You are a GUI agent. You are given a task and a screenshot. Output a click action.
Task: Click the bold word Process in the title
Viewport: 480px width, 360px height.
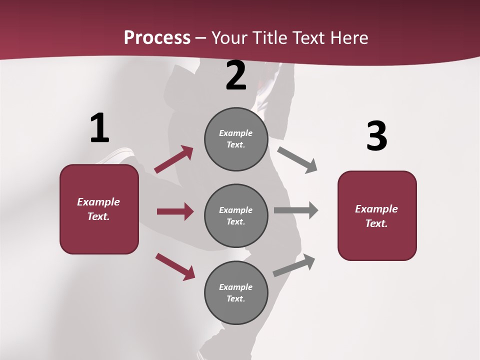click(157, 38)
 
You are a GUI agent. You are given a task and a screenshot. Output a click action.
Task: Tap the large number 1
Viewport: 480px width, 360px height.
click(99, 128)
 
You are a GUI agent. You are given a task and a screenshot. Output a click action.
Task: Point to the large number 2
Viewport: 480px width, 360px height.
click(236, 75)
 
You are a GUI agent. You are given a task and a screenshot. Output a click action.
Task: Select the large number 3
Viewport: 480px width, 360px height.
click(376, 136)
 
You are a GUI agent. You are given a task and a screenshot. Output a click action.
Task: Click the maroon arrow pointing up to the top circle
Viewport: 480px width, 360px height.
click(174, 159)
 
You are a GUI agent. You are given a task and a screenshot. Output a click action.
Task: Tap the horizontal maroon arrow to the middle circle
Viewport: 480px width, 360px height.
click(175, 211)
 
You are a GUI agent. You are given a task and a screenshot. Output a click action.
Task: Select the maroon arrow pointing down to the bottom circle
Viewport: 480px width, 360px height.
click(175, 266)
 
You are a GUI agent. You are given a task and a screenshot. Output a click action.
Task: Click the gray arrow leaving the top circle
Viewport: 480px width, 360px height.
click(297, 159)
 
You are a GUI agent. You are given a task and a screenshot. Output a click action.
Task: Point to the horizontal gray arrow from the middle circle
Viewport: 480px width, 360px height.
click(296, 210)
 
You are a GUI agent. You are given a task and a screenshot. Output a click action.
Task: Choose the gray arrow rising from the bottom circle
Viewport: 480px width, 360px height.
click(294, 265)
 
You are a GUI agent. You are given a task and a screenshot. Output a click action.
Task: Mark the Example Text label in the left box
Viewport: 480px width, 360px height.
click(98, 209)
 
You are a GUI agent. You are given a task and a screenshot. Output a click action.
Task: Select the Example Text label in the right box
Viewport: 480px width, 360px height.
click(376, 216)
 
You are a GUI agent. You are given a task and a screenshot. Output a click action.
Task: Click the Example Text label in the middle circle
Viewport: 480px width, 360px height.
click(236, 216)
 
